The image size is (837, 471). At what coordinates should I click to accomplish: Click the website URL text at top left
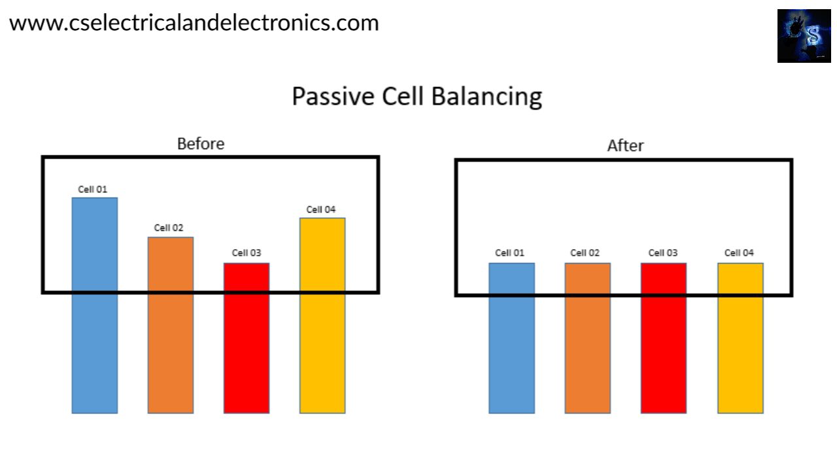click(x=194, y=23)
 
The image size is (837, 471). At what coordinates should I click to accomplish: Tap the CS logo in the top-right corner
click(x=804, y=36)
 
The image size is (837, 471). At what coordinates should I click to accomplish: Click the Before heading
click(x=201, y=143)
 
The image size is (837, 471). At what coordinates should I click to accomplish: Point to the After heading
click(x=625, y=145)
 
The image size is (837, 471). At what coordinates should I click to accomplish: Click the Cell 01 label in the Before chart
click(x=92, y=190)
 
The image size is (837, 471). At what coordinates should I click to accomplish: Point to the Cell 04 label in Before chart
click(x=321, y=209)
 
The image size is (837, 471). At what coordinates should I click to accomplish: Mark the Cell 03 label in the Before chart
click(x=247, y=253)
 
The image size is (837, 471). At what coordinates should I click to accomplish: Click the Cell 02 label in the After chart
click(x=585, y=253)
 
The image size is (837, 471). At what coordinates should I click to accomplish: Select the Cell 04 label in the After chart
click(x=739, y=253)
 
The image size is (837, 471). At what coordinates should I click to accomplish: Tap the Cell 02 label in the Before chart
click(x=169, y=228)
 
